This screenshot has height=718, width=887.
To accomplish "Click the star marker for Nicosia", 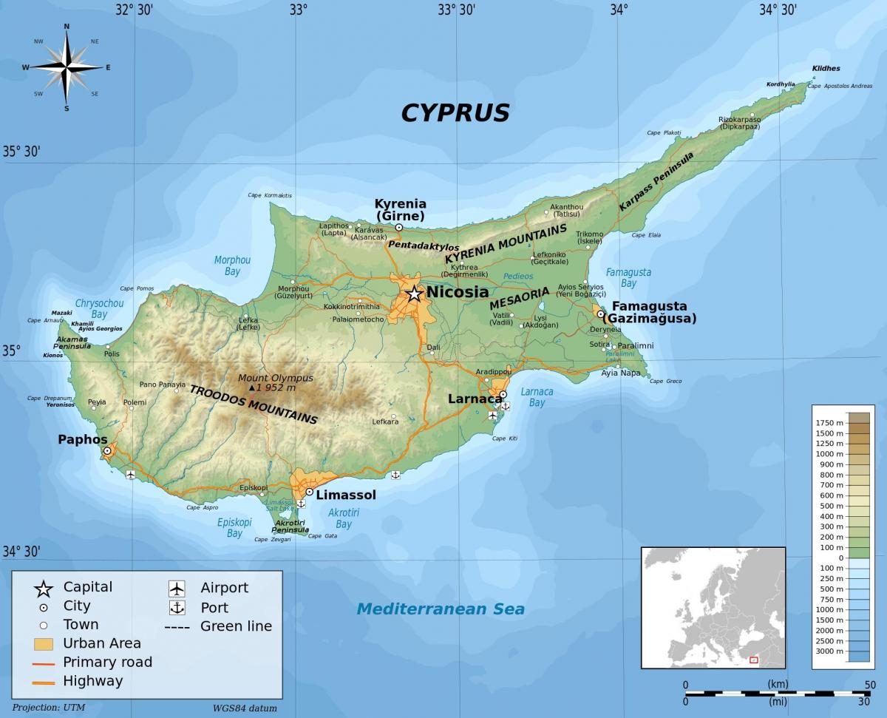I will (x=414, y=294).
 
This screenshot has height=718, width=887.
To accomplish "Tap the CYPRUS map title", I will (x=455, y=112).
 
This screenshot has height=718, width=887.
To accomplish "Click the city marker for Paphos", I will (x=107, y=450).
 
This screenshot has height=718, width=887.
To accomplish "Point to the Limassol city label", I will (x=346, y=495).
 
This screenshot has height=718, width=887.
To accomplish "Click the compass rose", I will (x=67, y=67).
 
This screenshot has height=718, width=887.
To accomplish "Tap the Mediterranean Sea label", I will (x=441, y=609).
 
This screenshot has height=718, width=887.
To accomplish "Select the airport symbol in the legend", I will (x=177, y=589).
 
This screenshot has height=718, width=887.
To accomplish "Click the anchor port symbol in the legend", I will (x=177, y=608).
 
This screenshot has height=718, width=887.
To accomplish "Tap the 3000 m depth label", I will (x=829, y=651).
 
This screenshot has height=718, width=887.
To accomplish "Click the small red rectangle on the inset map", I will (x=754, y=659).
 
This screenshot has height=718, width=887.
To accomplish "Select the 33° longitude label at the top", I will (x=297, y=10).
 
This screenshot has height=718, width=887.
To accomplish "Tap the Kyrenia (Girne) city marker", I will (x=399, y=228).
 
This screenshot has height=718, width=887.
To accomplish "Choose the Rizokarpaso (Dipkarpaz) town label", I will (x=739, y=123).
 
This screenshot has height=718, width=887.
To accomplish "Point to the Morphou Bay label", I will (x=232, y=265).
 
